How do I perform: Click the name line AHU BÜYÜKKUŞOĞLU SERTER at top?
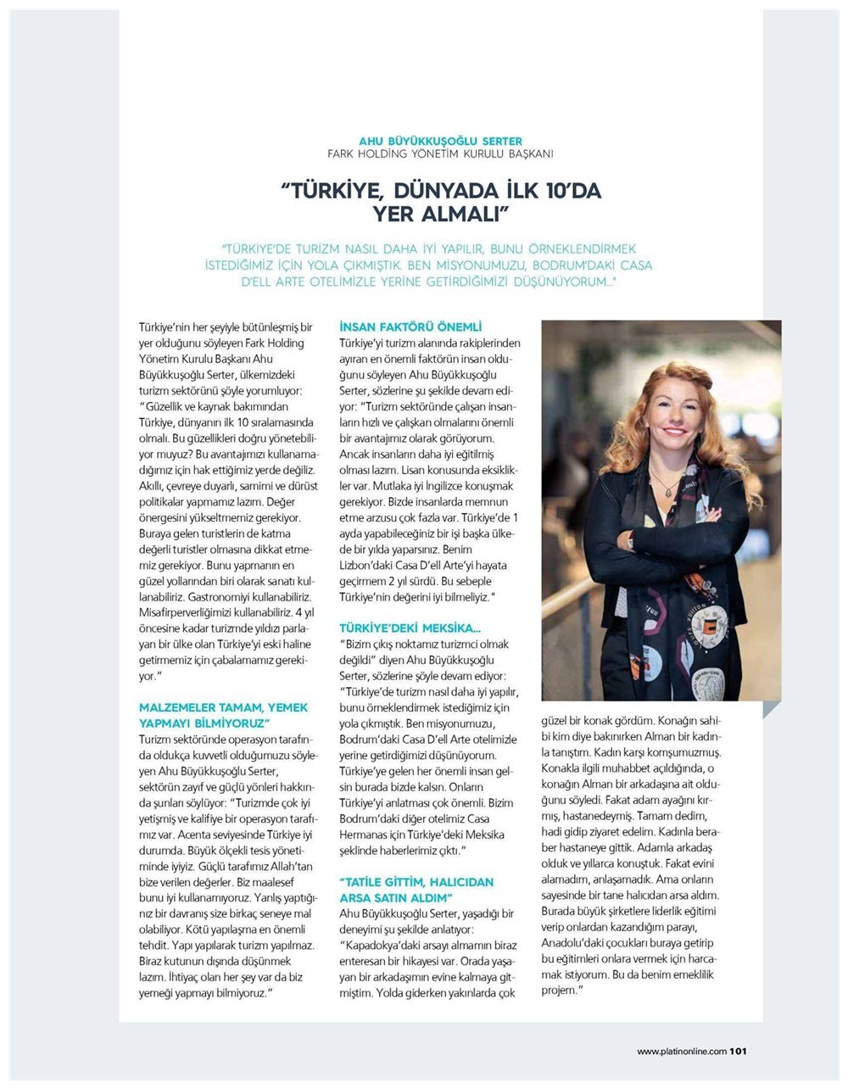(440, 141)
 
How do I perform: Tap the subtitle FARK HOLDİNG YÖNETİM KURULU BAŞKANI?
(440, 154)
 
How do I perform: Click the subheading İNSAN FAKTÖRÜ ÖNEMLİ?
(410, 327)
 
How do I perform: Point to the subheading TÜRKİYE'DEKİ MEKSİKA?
(410, 628)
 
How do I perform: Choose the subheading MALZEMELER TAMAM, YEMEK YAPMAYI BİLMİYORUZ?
(223, 715)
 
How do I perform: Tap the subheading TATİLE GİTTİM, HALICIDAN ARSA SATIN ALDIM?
(416, 890)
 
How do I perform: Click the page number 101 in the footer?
(738, 1052)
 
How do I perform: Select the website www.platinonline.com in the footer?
(682, 1052)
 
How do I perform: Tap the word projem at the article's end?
(560, 990)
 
